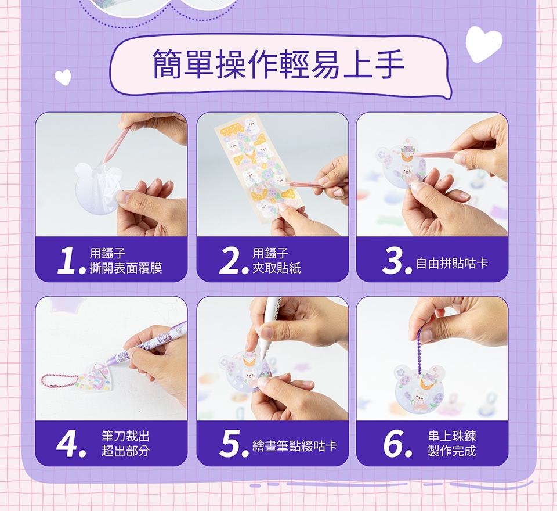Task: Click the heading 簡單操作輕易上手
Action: [278, 64]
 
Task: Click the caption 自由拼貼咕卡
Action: [452, 264]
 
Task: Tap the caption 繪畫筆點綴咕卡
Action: [295, 446]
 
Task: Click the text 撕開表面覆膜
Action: [126, 268]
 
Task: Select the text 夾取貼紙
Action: [276, 268]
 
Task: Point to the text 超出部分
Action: [125, 451]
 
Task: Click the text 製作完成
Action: [452, 451]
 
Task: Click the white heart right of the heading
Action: [483, 44]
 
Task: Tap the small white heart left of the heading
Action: [63, 77]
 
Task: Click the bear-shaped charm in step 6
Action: [419, 390]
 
